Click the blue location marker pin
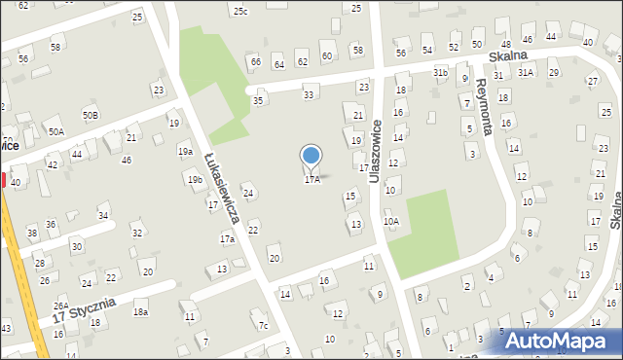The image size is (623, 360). click(311, 156)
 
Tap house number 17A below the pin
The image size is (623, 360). click(311, 180)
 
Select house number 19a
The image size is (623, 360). click(185, 152)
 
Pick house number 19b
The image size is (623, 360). click(195, 180)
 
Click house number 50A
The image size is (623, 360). click(56, 131)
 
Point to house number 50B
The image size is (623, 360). click(90, 115)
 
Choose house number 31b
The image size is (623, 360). click(440, 72)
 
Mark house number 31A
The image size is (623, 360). click(526, 72)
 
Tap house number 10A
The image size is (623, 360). click(390, 222)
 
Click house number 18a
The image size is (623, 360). click(140, 311)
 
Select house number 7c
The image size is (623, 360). click(263, 325)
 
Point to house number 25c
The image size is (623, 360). click(239, 11)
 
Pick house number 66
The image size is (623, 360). click(255, 62)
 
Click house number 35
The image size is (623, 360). click(258, 100)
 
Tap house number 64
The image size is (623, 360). click(278, 64)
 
